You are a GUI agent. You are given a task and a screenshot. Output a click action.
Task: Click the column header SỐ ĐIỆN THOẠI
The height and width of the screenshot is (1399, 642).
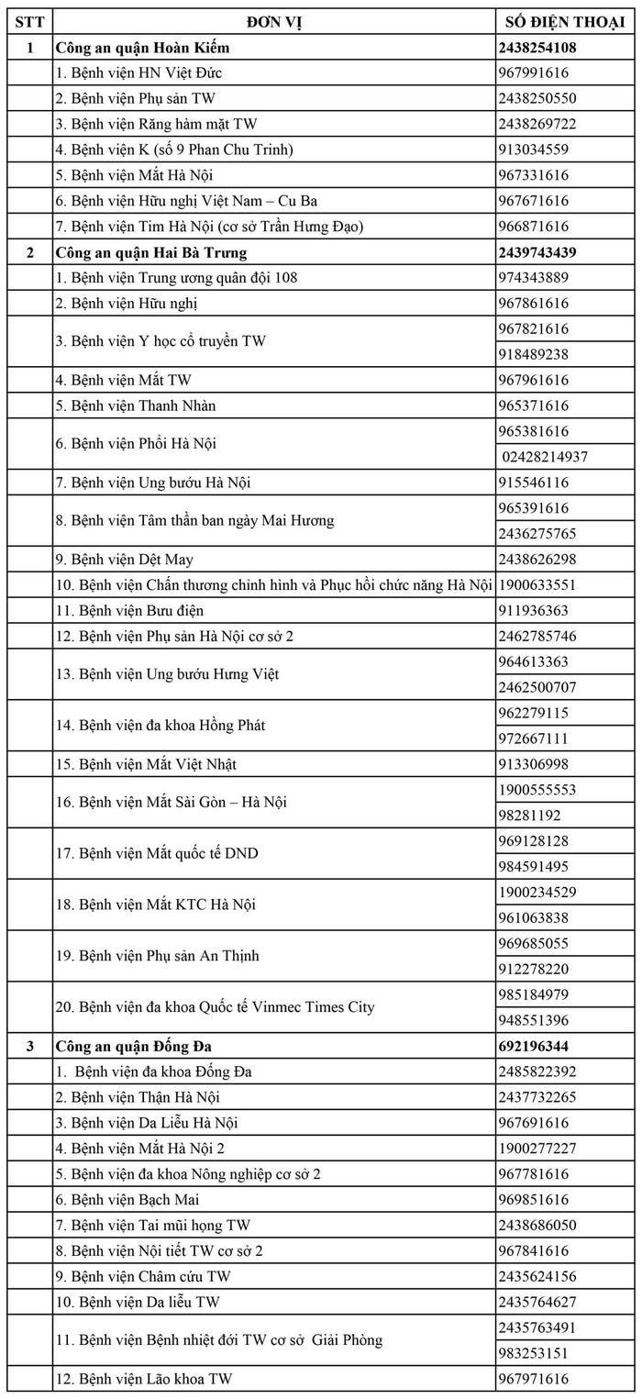point(561,21)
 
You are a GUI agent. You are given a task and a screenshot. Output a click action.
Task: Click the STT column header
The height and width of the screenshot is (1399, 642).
point(29,21)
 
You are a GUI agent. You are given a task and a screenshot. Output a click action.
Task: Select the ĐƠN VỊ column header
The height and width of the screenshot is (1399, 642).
point(272,21)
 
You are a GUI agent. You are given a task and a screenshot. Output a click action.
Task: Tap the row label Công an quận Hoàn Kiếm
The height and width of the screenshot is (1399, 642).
point(142,47)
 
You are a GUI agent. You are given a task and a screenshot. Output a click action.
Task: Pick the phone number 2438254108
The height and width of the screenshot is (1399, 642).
point(537,47)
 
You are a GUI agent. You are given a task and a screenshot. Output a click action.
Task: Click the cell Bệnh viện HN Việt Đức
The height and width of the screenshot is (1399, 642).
point(138,72)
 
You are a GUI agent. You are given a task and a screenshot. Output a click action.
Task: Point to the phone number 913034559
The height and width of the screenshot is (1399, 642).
point(534,150)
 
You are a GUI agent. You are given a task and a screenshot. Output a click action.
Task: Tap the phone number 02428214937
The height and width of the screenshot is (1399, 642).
point(545,457)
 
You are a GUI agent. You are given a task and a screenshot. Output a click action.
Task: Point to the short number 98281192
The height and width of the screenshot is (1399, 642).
point(530,816)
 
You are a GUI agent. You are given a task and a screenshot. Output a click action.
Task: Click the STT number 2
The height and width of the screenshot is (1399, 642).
point(29,252)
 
